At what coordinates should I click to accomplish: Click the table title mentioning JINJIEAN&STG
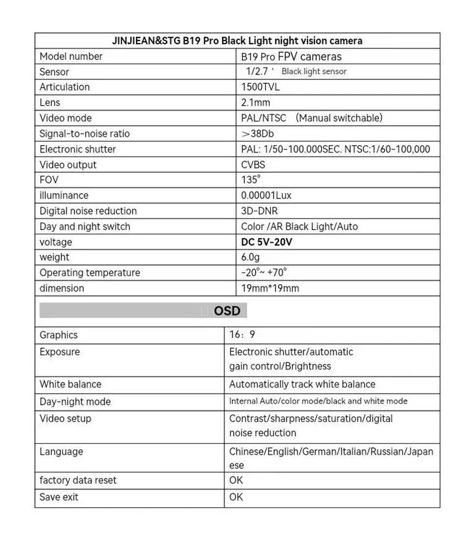point(237,41)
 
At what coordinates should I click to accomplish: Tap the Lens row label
point(50,103)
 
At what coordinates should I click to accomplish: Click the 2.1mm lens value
point(256,103)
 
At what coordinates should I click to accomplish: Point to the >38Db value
point(258,134)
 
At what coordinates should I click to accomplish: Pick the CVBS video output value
point(253,165)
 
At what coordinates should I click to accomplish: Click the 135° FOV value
point(251,180)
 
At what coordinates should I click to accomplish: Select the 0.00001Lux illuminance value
point(266,196)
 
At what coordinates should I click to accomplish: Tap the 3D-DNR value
point(259,211)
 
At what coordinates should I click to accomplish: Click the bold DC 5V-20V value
point(267,242)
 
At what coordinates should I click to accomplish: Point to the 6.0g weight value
point(250,257)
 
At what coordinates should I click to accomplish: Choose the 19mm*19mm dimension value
point(270,288)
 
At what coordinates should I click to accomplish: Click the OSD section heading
point(227,311)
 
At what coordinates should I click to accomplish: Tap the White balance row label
point(70,384)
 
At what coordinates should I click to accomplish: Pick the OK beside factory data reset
point(236,481)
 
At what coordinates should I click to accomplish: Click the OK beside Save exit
point(236,497)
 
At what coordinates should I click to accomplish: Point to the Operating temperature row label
point(89,273)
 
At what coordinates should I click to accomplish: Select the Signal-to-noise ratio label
point(84,134)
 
